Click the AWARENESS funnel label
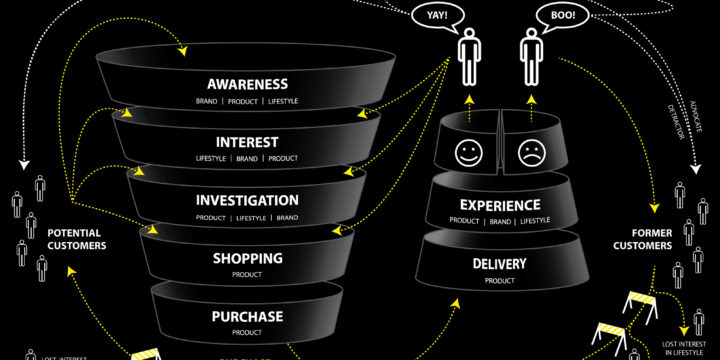coord(247,84)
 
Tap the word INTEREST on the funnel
coord(247,142)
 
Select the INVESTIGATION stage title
coord(247,200)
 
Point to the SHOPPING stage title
coord(247,258)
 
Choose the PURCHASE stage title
coord(247,317)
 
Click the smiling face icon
coord(469,153)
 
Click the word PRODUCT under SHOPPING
coord(247,274)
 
